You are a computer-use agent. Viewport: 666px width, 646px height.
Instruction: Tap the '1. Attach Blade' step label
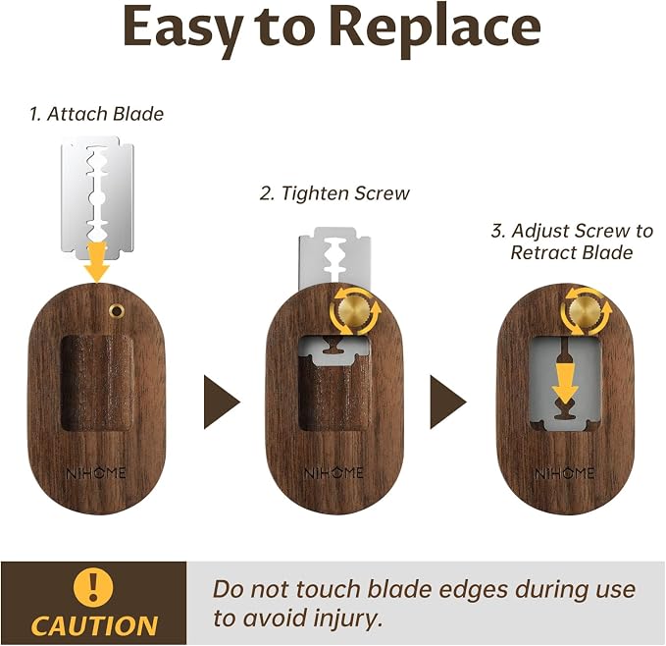(96, 114)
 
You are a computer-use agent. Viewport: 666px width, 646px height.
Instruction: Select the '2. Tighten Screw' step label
(334, 193)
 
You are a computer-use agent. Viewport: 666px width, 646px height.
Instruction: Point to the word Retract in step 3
(541, 253)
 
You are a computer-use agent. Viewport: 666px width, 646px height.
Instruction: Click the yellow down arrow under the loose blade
(97, 262)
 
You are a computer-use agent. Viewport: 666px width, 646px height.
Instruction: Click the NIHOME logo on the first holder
(96, 473)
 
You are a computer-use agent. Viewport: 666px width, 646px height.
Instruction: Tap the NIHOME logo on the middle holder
(333, 473)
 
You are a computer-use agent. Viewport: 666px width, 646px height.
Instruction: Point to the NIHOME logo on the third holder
(565, 473)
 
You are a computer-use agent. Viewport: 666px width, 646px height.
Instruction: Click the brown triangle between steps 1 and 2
(219, 402)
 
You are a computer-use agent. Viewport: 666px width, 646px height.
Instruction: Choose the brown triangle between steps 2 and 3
(445, 402)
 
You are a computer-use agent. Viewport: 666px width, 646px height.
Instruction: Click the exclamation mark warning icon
(93, 587)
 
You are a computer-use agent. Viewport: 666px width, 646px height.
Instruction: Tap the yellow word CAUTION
(94, 626)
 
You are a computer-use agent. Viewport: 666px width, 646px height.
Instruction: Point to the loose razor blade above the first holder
(98, 197)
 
